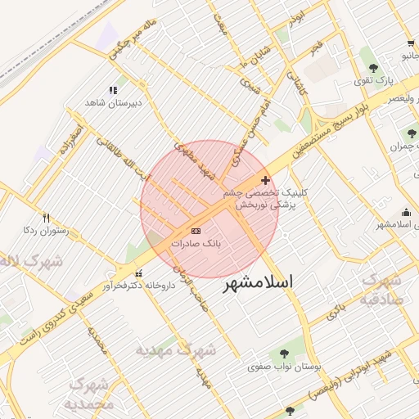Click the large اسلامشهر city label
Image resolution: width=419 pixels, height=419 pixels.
tap(258, 282)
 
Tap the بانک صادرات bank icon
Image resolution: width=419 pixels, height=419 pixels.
tap(196, 232)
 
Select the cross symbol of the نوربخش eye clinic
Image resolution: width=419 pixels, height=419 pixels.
tap(265, 179)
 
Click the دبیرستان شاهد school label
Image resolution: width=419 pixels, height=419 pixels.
tap(114, 103)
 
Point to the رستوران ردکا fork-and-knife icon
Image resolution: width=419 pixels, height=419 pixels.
tap(46, 219)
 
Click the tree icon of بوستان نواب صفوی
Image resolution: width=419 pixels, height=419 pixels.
tap(284, 354)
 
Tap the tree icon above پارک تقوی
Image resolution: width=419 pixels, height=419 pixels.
tap(374, 68)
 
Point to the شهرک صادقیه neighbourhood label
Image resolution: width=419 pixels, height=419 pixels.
tap(381, 288)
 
